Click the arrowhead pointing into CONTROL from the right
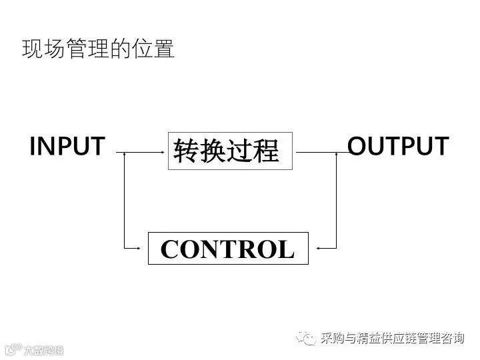319,248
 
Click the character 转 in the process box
186,151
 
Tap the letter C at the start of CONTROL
170,249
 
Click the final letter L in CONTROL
285,249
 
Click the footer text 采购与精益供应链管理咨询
392,339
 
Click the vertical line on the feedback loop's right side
337,200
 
